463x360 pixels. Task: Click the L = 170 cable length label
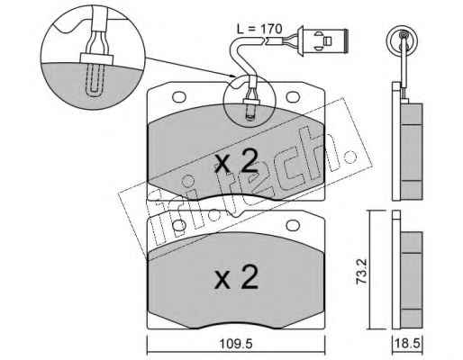(259, 29)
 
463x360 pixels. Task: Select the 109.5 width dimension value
(236, 344)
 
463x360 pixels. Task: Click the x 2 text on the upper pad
(236, 161)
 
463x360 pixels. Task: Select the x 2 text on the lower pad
(236, 277)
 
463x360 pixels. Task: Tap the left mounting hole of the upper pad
(179, 96)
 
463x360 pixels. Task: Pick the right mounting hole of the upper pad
(293, 96)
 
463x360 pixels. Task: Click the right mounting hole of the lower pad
(293, 225)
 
